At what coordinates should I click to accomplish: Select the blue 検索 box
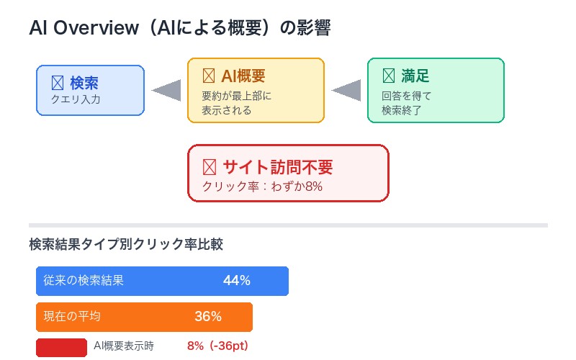tap(90, 90)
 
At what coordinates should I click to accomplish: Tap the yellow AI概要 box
tap(256, 91)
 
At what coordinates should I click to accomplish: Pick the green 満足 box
tap(436, 91)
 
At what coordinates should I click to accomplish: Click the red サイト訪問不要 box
tap(288, 174)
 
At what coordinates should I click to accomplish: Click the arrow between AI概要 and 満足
tap(346, 90)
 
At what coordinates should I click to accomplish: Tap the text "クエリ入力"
tap(76, 99)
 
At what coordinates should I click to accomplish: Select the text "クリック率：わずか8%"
tap(262, 186)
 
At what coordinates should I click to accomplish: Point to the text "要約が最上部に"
tap(237, 96)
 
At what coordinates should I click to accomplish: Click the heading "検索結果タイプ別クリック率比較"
tap(126, 244)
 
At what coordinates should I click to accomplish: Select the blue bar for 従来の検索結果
tap(162, 281)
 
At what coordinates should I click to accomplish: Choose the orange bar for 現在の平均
tap(144, 317)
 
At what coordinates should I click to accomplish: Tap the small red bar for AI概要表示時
tap(61, 346)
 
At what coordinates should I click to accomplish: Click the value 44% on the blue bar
tap(236, 281)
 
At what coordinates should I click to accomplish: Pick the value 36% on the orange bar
tap(208, 317)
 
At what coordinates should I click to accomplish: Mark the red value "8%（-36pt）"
tap(217, 346)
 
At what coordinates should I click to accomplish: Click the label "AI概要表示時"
tap(124, 346)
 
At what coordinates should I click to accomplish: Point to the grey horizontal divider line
tap(288, 225)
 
